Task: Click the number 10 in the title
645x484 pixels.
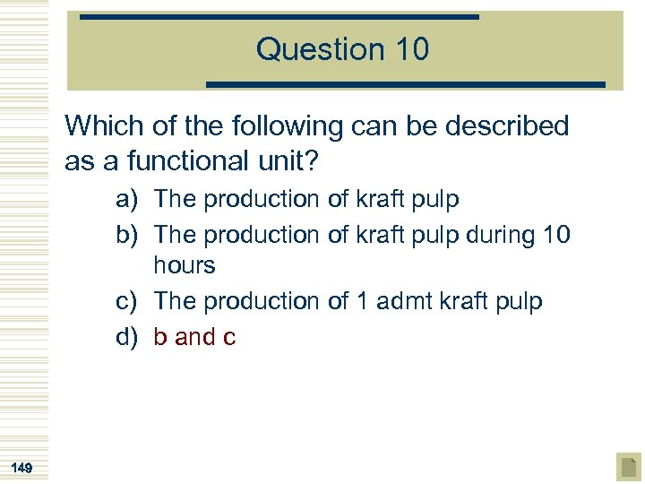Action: [408, 49]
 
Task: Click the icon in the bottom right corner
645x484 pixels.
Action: [628, 467]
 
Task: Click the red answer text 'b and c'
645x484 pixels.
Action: [194, 337]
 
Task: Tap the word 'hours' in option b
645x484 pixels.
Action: [185, 266]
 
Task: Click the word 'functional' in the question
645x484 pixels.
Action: [177, 161]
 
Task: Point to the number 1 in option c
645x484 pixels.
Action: [362, 301]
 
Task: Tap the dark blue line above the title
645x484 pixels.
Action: [279, 17]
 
